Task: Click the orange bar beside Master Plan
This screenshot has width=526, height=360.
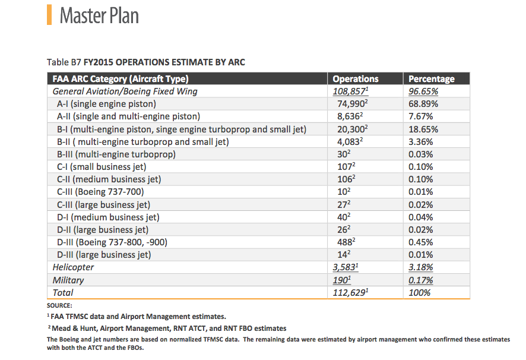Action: coord(49,15)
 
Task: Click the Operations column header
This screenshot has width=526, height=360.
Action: coord(356,79)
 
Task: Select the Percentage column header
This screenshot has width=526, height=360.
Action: coord(432,79)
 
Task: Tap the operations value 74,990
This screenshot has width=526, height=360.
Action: coord(353,104)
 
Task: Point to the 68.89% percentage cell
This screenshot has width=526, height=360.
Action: coord(423,104)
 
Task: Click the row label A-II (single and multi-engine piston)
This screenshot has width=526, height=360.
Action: coord(128,116)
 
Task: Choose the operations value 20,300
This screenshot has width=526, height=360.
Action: coord(353,130)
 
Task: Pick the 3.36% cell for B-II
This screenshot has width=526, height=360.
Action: coord(421,142)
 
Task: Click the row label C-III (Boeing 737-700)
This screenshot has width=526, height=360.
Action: coord(100,192)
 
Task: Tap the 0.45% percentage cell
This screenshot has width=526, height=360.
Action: coord(421,242)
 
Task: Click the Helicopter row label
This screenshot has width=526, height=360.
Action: coord(73,267)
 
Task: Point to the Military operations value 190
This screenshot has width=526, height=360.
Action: coord(342,280)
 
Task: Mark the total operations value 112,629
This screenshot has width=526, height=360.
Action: coord(350,292)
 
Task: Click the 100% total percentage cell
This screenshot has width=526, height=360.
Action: coord(419,292)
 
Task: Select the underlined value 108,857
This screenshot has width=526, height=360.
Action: coord(350,91)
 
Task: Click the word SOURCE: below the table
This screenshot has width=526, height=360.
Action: coord(59,305)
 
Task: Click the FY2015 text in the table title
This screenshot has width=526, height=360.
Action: coord(98,62)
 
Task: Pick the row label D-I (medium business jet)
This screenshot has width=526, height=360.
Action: coord(108,217)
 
